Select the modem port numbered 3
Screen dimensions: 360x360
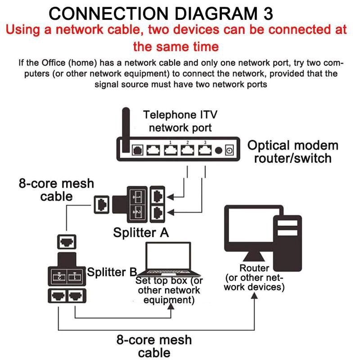click(x=205, y=150)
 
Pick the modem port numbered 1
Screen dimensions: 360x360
click(x=170, y=150)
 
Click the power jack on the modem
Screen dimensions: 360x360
click(x=229, y=150)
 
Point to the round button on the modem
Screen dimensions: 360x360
click(x=219, y=150)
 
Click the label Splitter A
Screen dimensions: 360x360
click(x=141, y=233)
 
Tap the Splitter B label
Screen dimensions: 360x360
click(x=112, y=272)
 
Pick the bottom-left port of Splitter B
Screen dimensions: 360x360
click(x=57, y=296)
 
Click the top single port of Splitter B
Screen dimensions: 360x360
click(x=66, y=242)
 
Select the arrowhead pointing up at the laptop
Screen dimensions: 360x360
click(x=171, y=308)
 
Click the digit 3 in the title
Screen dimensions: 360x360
click(x=267, y=13)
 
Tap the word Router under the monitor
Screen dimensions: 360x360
click(x=254, y=268)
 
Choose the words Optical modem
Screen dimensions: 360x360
click(x=293, y=145)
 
